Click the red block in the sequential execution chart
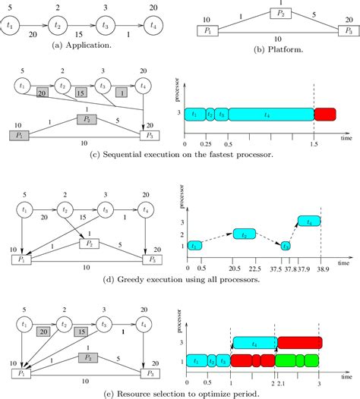coord(325,115)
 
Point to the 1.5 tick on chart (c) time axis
coord(314,143)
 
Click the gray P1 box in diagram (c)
coord(17,135)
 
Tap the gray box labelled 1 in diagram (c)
coord(120,93)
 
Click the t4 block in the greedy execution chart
coord(308,221)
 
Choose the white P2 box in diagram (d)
coord(90,243)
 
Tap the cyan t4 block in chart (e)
coord(255,343)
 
